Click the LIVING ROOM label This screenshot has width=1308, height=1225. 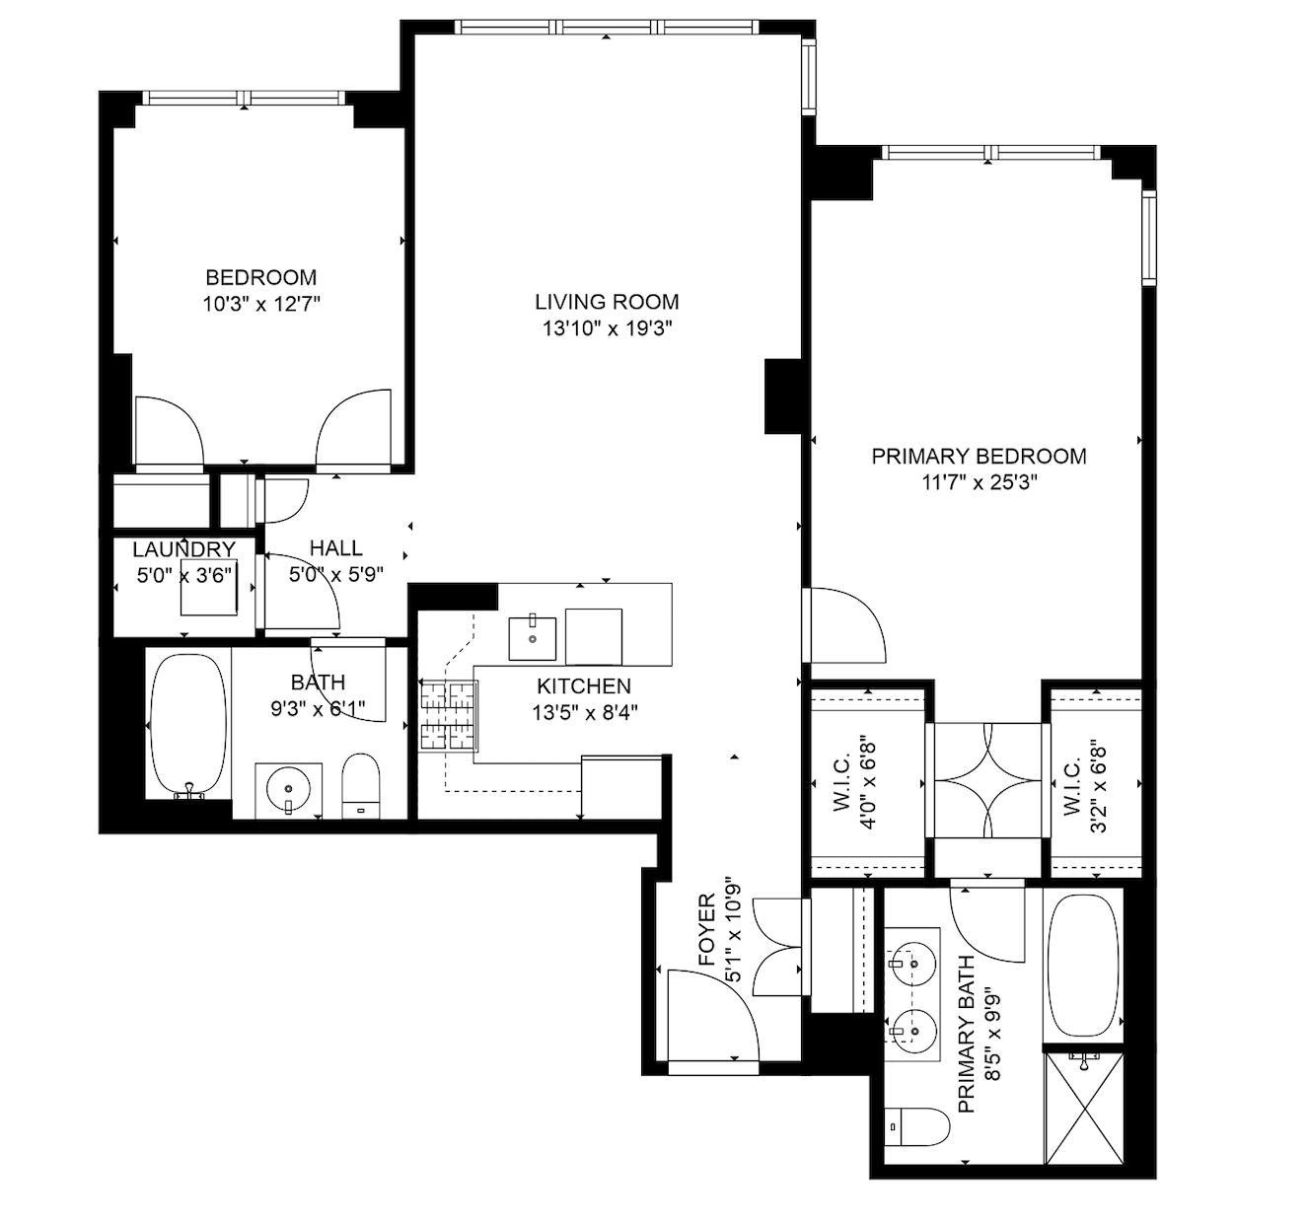(607, 302)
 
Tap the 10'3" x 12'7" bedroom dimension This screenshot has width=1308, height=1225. (261, 304)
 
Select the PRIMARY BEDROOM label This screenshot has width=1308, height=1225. (979, 456)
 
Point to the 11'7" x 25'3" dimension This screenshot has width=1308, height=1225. (980, 482)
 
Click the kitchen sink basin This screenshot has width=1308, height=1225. (532, 638)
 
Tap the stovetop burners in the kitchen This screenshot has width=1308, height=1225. (449, 715)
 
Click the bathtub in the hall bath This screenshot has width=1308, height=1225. (188, 725)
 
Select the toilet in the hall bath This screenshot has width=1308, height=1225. (361, 786)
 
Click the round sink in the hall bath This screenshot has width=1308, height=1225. (288, 788)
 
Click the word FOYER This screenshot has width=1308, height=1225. (707, 929)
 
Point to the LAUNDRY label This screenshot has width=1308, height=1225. (184, 548)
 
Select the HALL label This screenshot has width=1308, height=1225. (336, 548)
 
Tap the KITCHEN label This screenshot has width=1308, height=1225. (584, 686)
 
